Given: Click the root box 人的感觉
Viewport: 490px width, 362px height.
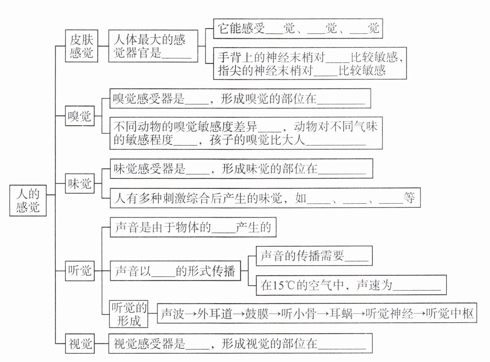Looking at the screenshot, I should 28,201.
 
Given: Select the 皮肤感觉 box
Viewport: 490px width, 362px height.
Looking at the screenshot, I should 82,46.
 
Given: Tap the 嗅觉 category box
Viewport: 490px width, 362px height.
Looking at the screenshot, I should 80,116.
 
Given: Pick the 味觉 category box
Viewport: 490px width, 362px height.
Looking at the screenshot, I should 80,183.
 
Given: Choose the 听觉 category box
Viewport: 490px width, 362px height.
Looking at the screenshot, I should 80,270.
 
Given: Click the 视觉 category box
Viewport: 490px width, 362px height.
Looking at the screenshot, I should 80,344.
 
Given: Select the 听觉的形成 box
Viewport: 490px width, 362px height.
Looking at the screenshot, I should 129,314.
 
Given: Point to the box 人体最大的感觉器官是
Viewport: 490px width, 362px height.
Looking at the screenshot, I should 153,46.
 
